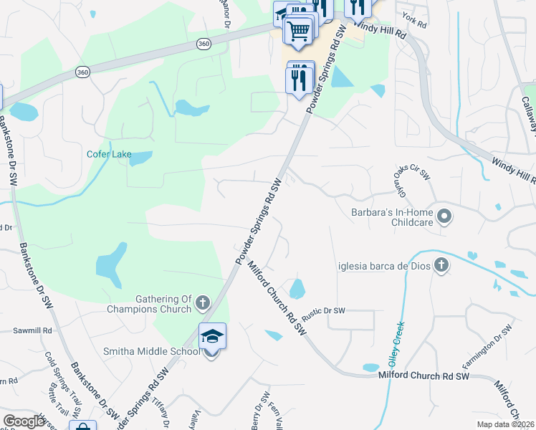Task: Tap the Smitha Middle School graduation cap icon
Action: pos(212,336)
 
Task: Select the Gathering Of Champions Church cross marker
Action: pos(202,303)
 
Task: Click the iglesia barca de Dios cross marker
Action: pos(441,266)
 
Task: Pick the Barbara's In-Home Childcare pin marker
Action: pos(444,216)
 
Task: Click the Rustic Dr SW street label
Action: pos(323,311)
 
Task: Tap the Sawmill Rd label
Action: pos(33,331)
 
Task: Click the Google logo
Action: pos(24,421)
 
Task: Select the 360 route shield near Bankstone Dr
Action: pos(83,72)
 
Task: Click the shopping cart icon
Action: pos(298,31)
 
